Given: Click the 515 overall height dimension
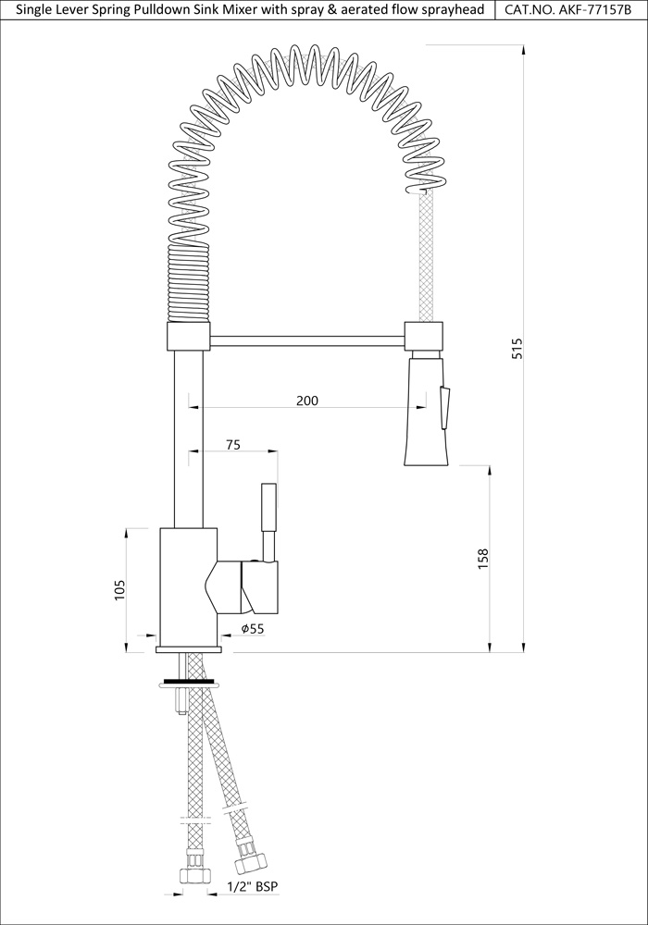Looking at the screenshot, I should click(x=517, y=349).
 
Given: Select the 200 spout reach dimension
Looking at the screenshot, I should click(x=307, y=401).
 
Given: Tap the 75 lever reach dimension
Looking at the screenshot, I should click(x=232, y=445).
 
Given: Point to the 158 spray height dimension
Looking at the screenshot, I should click(x=482, y=560).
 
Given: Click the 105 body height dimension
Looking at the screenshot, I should click(x=119, y=589).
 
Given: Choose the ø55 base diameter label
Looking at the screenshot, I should click(x=253, y=629).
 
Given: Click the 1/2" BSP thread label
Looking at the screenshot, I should click(x=253, y=886).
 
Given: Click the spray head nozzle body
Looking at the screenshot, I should click(x=425, y=416).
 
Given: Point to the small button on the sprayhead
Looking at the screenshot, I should click(x=446, y=407).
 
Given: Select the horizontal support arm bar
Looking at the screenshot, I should click(x=307, y=342).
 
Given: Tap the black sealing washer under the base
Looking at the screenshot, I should click(x=189, y=683).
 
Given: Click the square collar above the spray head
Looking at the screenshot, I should click(x=424, y=335).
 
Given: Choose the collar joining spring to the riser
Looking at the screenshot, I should click(x=188, y=336).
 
